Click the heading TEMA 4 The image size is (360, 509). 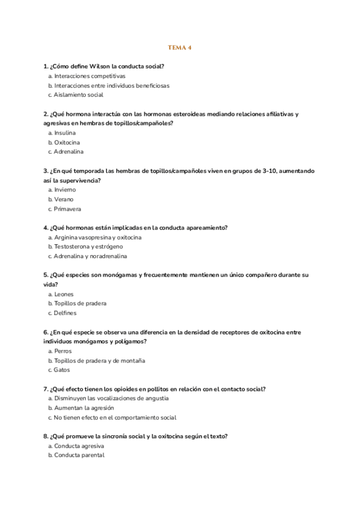pyautogui.click(x=179, y=47)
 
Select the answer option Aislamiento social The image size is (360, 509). pyautogui.click(x=78, y=95)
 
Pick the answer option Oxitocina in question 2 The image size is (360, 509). pyautogui.click(x=67, y=142)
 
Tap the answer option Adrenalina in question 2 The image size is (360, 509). pyautogui.click(x=68, y=152)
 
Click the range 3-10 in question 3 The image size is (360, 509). pyautogui.click(x=271, y=171)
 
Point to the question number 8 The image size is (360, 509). pyautogui.click(x=46, y=436)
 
